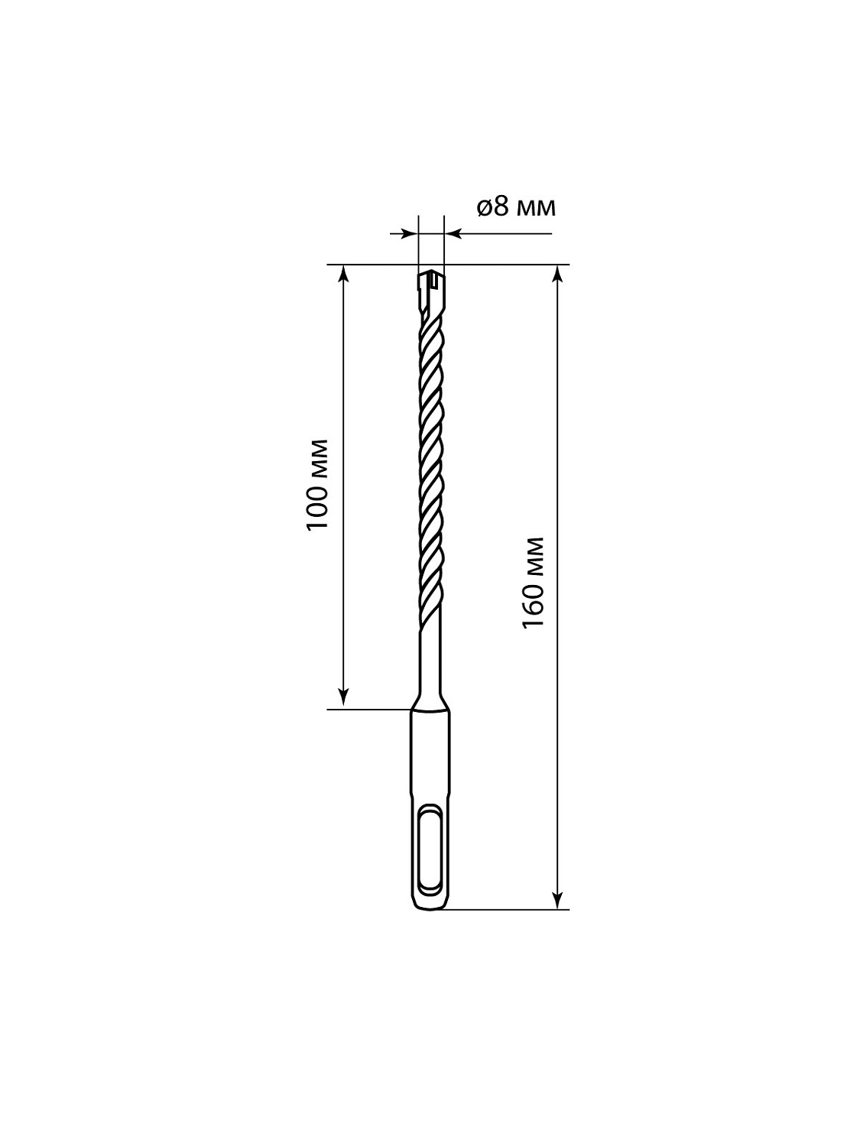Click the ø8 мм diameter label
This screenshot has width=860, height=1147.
(517, 208)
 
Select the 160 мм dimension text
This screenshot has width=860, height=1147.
(534, 583)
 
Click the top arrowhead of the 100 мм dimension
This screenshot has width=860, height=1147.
(342, 275)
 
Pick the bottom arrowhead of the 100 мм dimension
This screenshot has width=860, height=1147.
(342, 699)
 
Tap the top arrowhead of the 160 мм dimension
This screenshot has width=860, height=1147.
(558, 275)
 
